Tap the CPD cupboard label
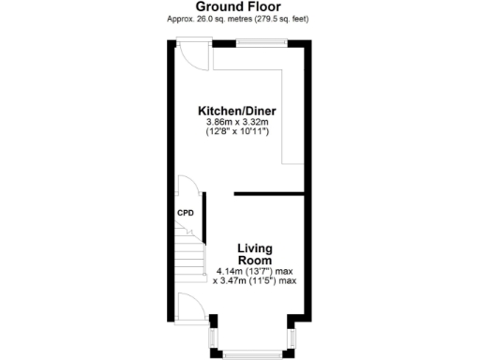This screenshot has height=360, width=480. pos(186,213)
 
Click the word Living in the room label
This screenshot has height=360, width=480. pos(254,248)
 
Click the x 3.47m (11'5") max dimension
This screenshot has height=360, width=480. pos(255,280)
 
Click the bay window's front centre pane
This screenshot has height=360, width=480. pos(250,354)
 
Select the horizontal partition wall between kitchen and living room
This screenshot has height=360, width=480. pos(269,194)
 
